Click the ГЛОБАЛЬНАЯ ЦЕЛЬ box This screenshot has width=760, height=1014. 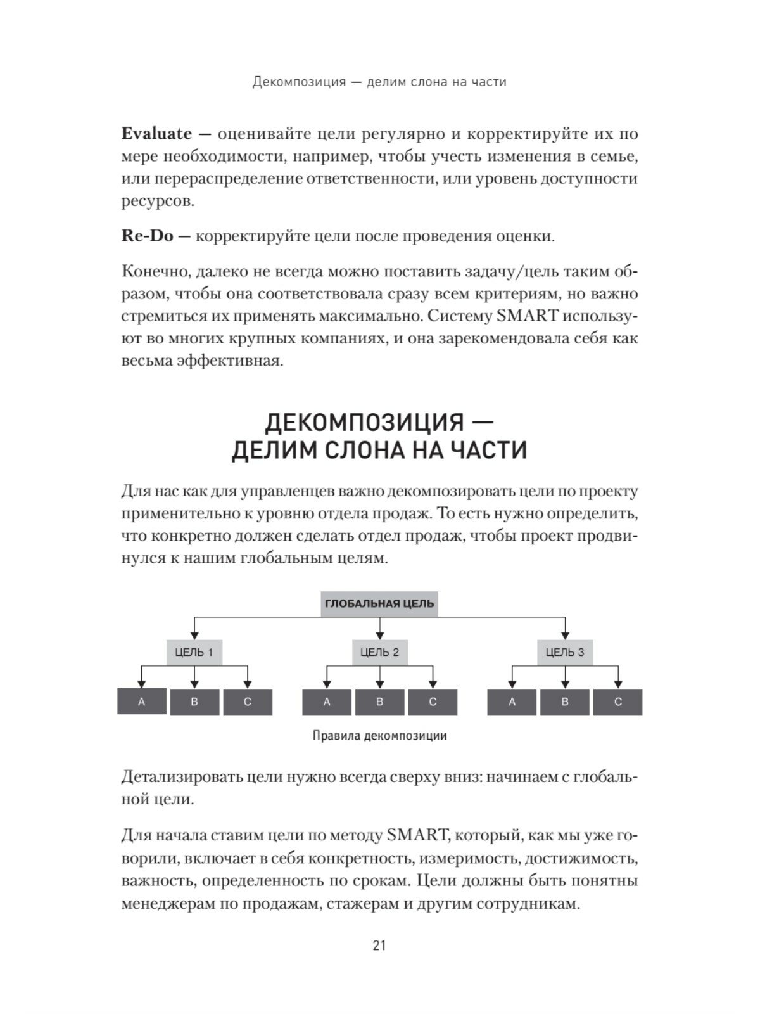pos(379,603)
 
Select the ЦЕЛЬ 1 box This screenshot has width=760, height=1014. pos(194,652)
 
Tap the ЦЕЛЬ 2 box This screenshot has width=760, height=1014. pos(379,652)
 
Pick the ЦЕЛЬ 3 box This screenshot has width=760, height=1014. pos(565,652)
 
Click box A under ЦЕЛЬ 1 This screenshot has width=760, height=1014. pos(142,702)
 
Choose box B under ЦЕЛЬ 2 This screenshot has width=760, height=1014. pos(380,702)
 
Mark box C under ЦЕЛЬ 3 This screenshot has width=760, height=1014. pos(618,702)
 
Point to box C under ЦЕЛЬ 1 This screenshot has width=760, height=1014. pos(248,702)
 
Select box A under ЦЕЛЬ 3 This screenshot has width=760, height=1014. pos(512,702)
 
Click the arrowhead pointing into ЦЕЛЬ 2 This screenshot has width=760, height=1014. pos(379,635)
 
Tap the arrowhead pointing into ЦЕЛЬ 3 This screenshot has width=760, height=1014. pos(565,635)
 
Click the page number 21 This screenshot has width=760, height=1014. pos(379,946)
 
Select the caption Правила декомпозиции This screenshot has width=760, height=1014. pos(379,736)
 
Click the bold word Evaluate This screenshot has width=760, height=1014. pos(156,134)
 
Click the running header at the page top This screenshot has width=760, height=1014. pos(379,82)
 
